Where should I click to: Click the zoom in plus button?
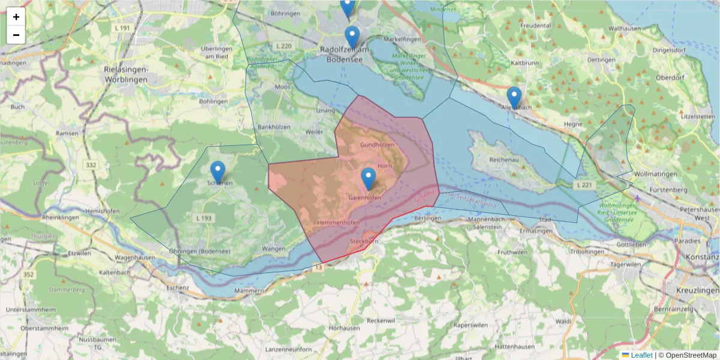click(16, 17)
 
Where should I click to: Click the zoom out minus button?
click(16, 35)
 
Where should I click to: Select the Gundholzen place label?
click(377, 145)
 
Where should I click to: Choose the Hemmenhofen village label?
click(337, 223)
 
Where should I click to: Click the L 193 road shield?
click(203, 218)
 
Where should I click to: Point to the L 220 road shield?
click(284, 46)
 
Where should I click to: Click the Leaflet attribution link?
click(641, 355)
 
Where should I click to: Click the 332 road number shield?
click(91, 165)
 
